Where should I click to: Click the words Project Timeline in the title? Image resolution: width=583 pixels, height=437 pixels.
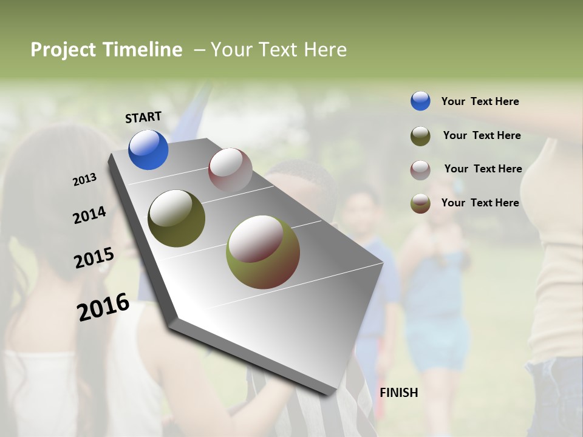coord(106,50)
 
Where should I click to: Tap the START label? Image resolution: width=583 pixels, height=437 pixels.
coord(143,117)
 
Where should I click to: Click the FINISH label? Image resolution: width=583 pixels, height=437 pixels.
coord(399,393)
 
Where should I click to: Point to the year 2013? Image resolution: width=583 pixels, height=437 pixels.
coord(84,180)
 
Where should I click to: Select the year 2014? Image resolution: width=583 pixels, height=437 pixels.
coord(89,215)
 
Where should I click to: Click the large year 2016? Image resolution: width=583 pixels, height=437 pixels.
coord(103,307)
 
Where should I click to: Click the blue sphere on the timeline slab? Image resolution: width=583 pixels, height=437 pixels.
coord(148,150)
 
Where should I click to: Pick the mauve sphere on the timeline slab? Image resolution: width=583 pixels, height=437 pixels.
coord(230,170)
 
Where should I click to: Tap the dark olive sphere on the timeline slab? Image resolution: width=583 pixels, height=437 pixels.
coord(176,218)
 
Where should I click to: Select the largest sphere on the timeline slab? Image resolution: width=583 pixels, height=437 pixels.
coord(263,251)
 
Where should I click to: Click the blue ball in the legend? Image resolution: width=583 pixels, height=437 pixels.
coord(420,101)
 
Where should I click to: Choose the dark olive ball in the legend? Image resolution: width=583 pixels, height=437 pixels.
coord(420,136)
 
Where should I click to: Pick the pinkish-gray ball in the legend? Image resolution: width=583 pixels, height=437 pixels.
coord(420,169)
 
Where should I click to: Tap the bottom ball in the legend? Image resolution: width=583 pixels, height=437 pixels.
coord(420,203)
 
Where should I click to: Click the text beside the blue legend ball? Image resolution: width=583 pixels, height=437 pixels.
coord(480,101)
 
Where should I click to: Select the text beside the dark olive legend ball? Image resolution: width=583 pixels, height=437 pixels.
coord(482,135)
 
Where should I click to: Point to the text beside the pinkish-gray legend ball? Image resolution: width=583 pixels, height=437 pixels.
coord(483,169)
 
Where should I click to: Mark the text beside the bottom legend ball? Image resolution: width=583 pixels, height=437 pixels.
coord(480,203)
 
